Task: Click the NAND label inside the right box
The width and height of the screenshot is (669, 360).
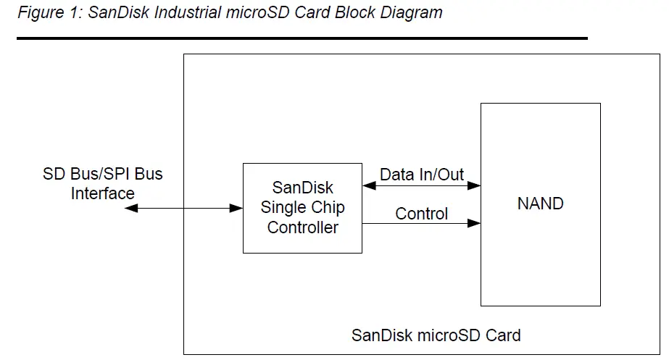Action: [540, 204]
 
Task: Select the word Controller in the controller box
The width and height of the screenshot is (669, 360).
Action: [302, 227]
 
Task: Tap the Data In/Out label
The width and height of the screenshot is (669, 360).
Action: [422, 174]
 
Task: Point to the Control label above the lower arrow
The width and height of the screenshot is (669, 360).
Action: [421, 214]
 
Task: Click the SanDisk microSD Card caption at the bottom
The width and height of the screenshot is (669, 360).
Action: [436, 335]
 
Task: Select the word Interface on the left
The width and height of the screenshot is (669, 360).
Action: [102, 193]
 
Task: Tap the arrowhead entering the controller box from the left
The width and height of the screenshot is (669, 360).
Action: [236, 209]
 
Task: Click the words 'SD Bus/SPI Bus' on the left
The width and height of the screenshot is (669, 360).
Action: [102, 174]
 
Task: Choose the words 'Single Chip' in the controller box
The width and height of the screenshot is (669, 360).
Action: [302, 207]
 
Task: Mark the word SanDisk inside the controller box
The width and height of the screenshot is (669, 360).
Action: [302, 188]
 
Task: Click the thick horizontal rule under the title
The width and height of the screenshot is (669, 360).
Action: [302, 38]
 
